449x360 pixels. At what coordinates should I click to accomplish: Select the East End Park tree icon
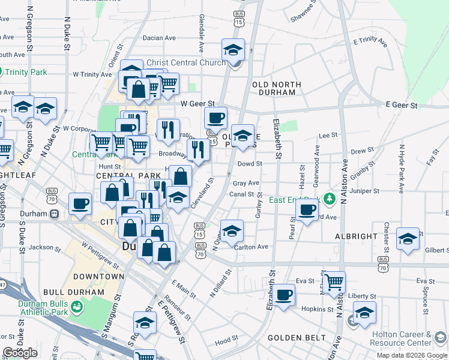click(328, 197)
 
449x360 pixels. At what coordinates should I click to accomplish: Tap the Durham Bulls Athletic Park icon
click(76, 307)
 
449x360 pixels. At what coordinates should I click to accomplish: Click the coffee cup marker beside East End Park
click(307, 210)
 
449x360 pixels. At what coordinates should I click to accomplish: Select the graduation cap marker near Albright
click(408, 239)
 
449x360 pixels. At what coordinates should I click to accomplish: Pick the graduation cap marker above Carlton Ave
click(232, 230)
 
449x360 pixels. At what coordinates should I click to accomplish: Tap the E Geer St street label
click(402, 104)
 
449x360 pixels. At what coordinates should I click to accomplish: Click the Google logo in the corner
click(20, 353)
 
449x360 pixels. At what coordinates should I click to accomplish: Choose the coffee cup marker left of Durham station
click(80, 203)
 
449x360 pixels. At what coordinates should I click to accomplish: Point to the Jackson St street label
click(41, 247)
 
